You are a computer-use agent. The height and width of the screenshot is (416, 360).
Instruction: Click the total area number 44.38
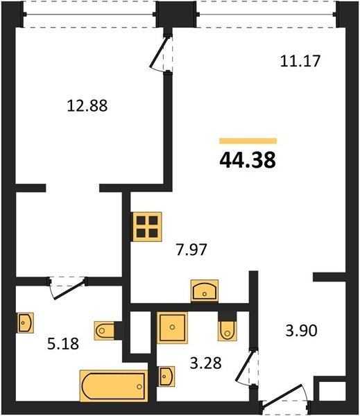tap(248, 161)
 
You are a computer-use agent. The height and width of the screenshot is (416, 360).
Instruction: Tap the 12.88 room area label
tap(87, 105)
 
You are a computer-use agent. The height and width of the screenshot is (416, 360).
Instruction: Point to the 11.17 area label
tap(300, 61)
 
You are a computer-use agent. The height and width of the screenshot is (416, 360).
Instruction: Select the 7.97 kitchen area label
tap(191, 250)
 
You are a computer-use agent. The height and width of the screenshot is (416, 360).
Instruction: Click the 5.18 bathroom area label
tap(63, 344)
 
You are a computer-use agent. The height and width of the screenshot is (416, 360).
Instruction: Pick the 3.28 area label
tap(206, 363)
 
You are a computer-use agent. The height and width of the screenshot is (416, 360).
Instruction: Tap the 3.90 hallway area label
tap(301, 331)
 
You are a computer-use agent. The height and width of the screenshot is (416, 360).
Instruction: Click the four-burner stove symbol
tap(147, 227)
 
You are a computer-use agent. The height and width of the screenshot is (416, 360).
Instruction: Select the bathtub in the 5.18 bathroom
tap(114, 385)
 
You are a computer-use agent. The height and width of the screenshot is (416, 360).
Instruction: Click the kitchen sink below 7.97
tap(205, 291)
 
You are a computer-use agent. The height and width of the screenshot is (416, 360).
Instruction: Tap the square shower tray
tap(172, 327)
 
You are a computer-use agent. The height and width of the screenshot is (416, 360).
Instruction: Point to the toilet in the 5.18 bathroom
tap(105, 330)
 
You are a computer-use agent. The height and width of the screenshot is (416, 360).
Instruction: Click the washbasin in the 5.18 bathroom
tap(26, 322)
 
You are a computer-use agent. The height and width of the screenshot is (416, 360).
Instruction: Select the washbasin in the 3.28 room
tap(166, 376)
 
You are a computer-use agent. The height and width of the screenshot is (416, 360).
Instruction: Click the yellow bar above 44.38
tap(248, 141)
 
